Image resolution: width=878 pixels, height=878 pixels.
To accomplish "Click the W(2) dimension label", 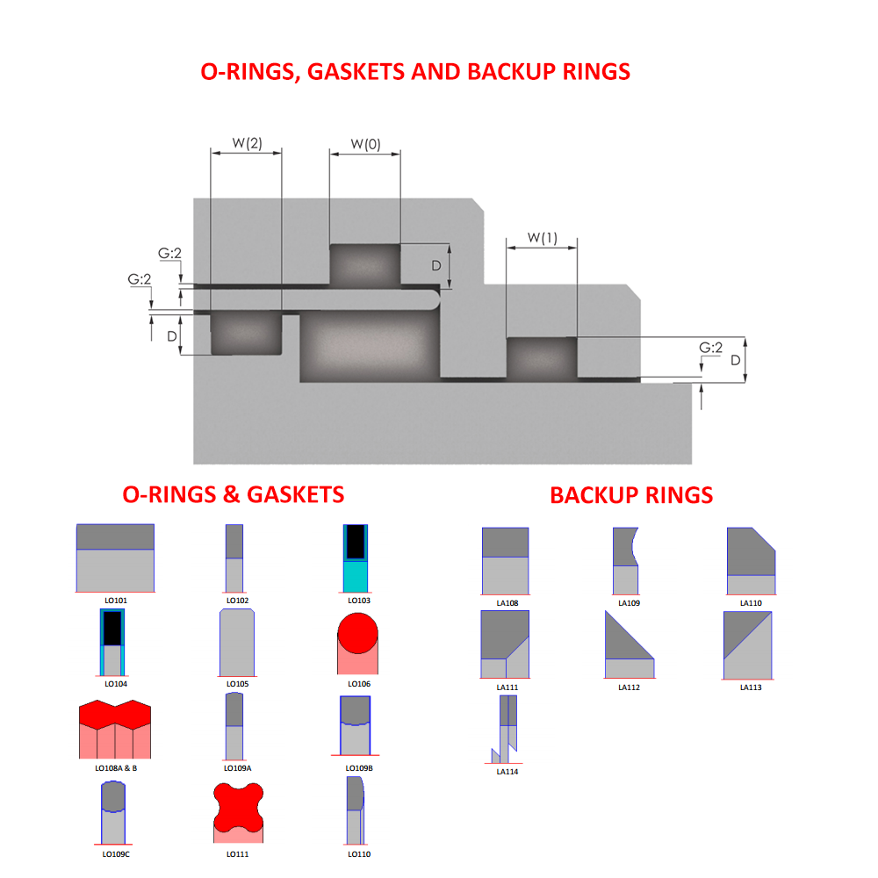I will coord(247,143).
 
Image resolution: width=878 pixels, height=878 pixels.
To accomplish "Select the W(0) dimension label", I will coord(365,144).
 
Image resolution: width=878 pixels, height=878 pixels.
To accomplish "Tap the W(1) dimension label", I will coord(542,238).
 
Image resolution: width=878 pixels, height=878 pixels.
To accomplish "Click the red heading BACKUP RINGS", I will coord(631,495).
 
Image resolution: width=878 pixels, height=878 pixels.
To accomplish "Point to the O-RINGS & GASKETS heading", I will coord(233,494).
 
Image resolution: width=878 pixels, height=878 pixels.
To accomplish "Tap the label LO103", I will coord(359,601).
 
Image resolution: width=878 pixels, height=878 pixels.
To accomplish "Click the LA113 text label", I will coord(751,687).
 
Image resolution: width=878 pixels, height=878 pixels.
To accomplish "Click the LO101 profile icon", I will coord(115,558).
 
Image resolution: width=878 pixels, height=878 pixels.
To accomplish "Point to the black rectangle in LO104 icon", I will coord(112,627).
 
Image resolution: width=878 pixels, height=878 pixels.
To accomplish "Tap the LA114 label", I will coord(507,772).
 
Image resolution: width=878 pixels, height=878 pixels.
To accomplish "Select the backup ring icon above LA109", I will coord(624,559).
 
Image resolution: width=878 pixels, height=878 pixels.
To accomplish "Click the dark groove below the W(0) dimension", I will coord(364,265).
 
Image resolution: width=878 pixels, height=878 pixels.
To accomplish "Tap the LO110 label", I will coord(359,854).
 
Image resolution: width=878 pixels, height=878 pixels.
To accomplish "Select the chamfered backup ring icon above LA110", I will coord(750,559).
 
